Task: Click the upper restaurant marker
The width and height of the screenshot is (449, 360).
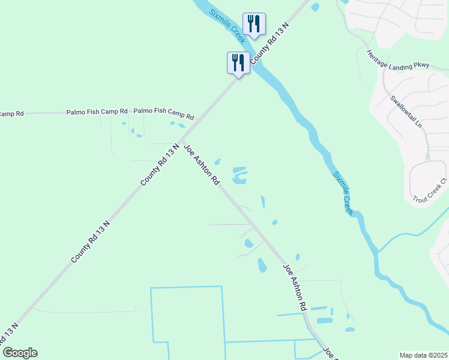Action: click(x=254, y=25)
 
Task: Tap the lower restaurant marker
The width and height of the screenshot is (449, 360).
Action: click(x=238, y=62)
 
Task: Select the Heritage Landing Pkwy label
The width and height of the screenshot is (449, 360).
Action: click(x=399, y=59)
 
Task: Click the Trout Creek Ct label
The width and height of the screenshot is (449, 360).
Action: click(x=430, y=190)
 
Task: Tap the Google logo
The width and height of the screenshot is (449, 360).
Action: click(x=20, y=353)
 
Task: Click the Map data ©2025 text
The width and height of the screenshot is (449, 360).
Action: click(x=423, y=355)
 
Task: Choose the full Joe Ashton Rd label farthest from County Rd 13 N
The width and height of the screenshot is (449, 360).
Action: click(x=295, y=288)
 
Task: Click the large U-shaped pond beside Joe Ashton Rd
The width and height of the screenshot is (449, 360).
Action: click(x=240, y=175)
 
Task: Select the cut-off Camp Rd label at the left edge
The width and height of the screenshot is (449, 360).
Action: click(x=11, y=113)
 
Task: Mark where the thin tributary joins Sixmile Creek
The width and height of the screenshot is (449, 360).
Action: click(x=376, y=253)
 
